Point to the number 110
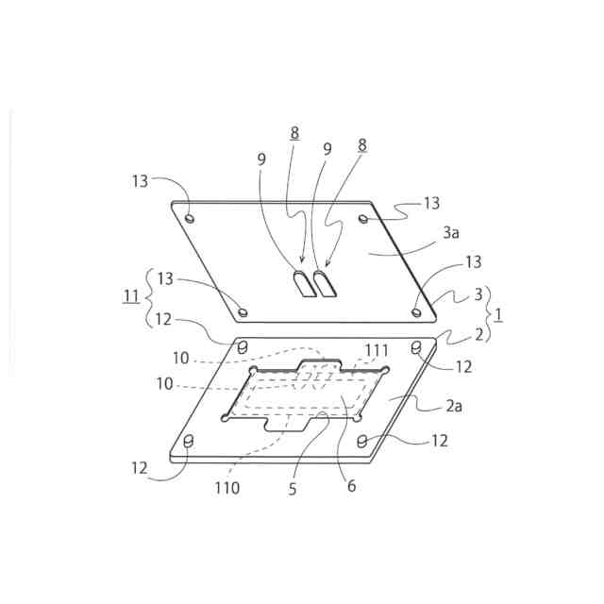tap(226, 488)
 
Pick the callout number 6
tap(352, 488)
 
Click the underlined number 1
tap(498, 314)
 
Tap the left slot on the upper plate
tap(303, 284)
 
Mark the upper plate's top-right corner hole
tap(363, 219)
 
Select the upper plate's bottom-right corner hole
tap(416, 310)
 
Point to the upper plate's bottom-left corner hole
tap(243, 310)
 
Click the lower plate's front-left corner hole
tap(187, 441)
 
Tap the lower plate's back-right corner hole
tap(416, 349)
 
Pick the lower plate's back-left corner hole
tap(243, 347)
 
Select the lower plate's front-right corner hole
tap(363, 441)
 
